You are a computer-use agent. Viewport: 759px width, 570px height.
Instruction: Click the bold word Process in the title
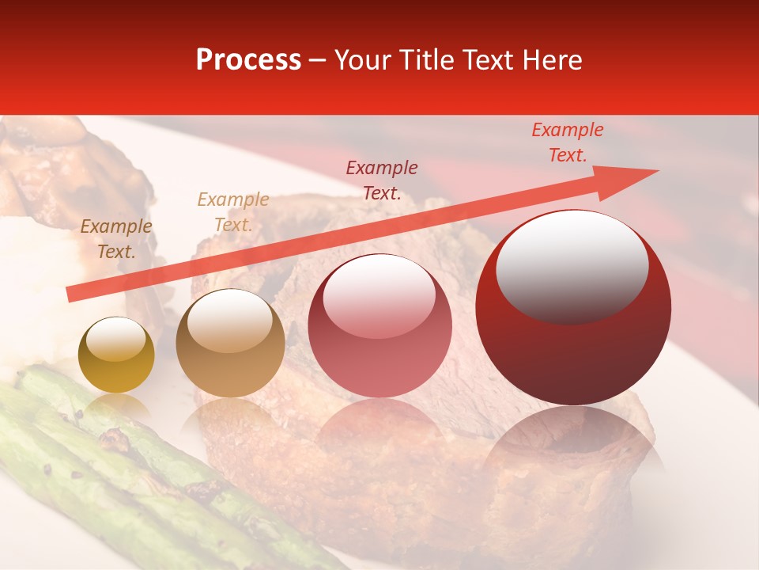click(x=248, y=60)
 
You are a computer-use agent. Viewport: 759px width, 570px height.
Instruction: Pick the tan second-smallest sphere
click(x=230, y=344)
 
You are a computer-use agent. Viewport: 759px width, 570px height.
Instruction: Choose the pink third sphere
click(x=379, y=326)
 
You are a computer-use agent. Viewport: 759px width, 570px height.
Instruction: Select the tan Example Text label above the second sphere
click(x=232, y=212)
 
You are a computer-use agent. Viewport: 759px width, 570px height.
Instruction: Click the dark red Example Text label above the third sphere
click(x=381, y=180)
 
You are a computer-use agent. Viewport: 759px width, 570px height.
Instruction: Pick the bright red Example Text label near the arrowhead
click(x=567, y=142)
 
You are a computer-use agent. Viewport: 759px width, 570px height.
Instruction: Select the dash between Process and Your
click(x=317, y=60)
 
